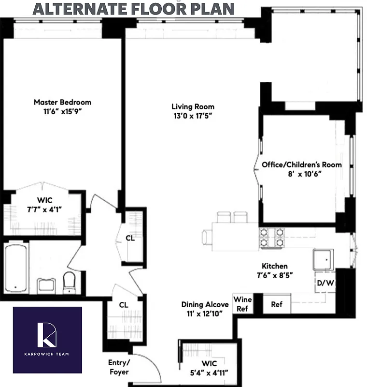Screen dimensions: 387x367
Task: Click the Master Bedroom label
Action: coord(62,102)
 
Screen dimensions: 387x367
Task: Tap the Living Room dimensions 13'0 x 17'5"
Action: coord(193,116)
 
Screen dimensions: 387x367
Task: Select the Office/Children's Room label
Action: coord(301,164)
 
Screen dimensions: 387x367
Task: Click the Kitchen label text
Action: coord(274,266)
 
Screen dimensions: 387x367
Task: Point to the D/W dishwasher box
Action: coord(325,283)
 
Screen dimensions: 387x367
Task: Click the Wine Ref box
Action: coord(242,304)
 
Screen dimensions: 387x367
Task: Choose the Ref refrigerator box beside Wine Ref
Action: coord(276,305)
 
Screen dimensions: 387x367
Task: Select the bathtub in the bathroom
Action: coord(16,268)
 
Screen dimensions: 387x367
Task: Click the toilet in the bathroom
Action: coord(70,282)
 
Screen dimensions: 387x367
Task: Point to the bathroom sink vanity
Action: coord(46,284)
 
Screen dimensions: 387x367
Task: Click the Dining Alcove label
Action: coord(205,309)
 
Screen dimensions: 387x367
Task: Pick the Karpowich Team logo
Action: coord(47,340)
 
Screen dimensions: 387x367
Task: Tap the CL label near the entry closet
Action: coord(124,305)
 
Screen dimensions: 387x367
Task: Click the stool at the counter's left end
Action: coord(207,238)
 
